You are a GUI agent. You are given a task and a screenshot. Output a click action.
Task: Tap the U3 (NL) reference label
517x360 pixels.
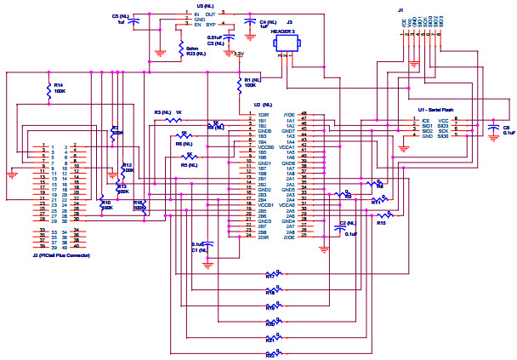205,5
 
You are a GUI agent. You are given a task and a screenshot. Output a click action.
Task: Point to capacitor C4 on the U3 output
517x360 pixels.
249,23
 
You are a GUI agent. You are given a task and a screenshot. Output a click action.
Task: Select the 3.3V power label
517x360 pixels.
239,54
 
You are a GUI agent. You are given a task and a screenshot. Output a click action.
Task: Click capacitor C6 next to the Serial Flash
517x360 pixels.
493,129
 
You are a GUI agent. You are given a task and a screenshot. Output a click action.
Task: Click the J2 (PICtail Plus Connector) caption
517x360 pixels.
64,254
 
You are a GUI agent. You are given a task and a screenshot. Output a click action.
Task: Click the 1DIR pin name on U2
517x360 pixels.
264,114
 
